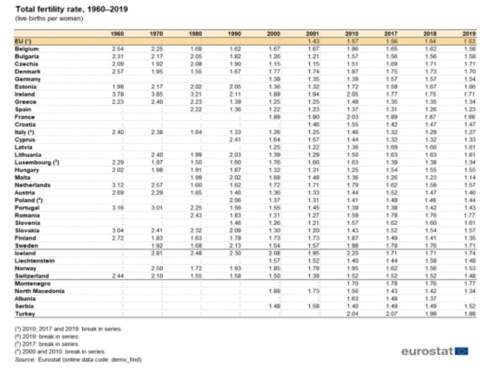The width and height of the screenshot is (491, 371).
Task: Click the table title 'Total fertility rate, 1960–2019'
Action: (x=71, y=9)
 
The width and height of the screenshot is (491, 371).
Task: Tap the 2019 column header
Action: (x=471, y=34)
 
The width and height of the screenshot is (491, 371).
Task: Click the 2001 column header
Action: (x=312, y=34)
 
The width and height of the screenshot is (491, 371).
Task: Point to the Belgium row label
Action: (x=27, y=49)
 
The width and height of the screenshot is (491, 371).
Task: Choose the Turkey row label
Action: (x=25, y=314)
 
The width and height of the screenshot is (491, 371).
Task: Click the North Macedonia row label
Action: (x=39, y=291)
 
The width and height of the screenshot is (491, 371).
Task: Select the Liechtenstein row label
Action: (x=35, y=261)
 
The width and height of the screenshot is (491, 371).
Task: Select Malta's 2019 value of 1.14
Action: (x=471, y=178)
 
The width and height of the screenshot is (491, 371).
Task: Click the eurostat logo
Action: (x=434, y=351)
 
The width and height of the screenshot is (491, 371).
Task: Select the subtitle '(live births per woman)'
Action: (x=49, y=18)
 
